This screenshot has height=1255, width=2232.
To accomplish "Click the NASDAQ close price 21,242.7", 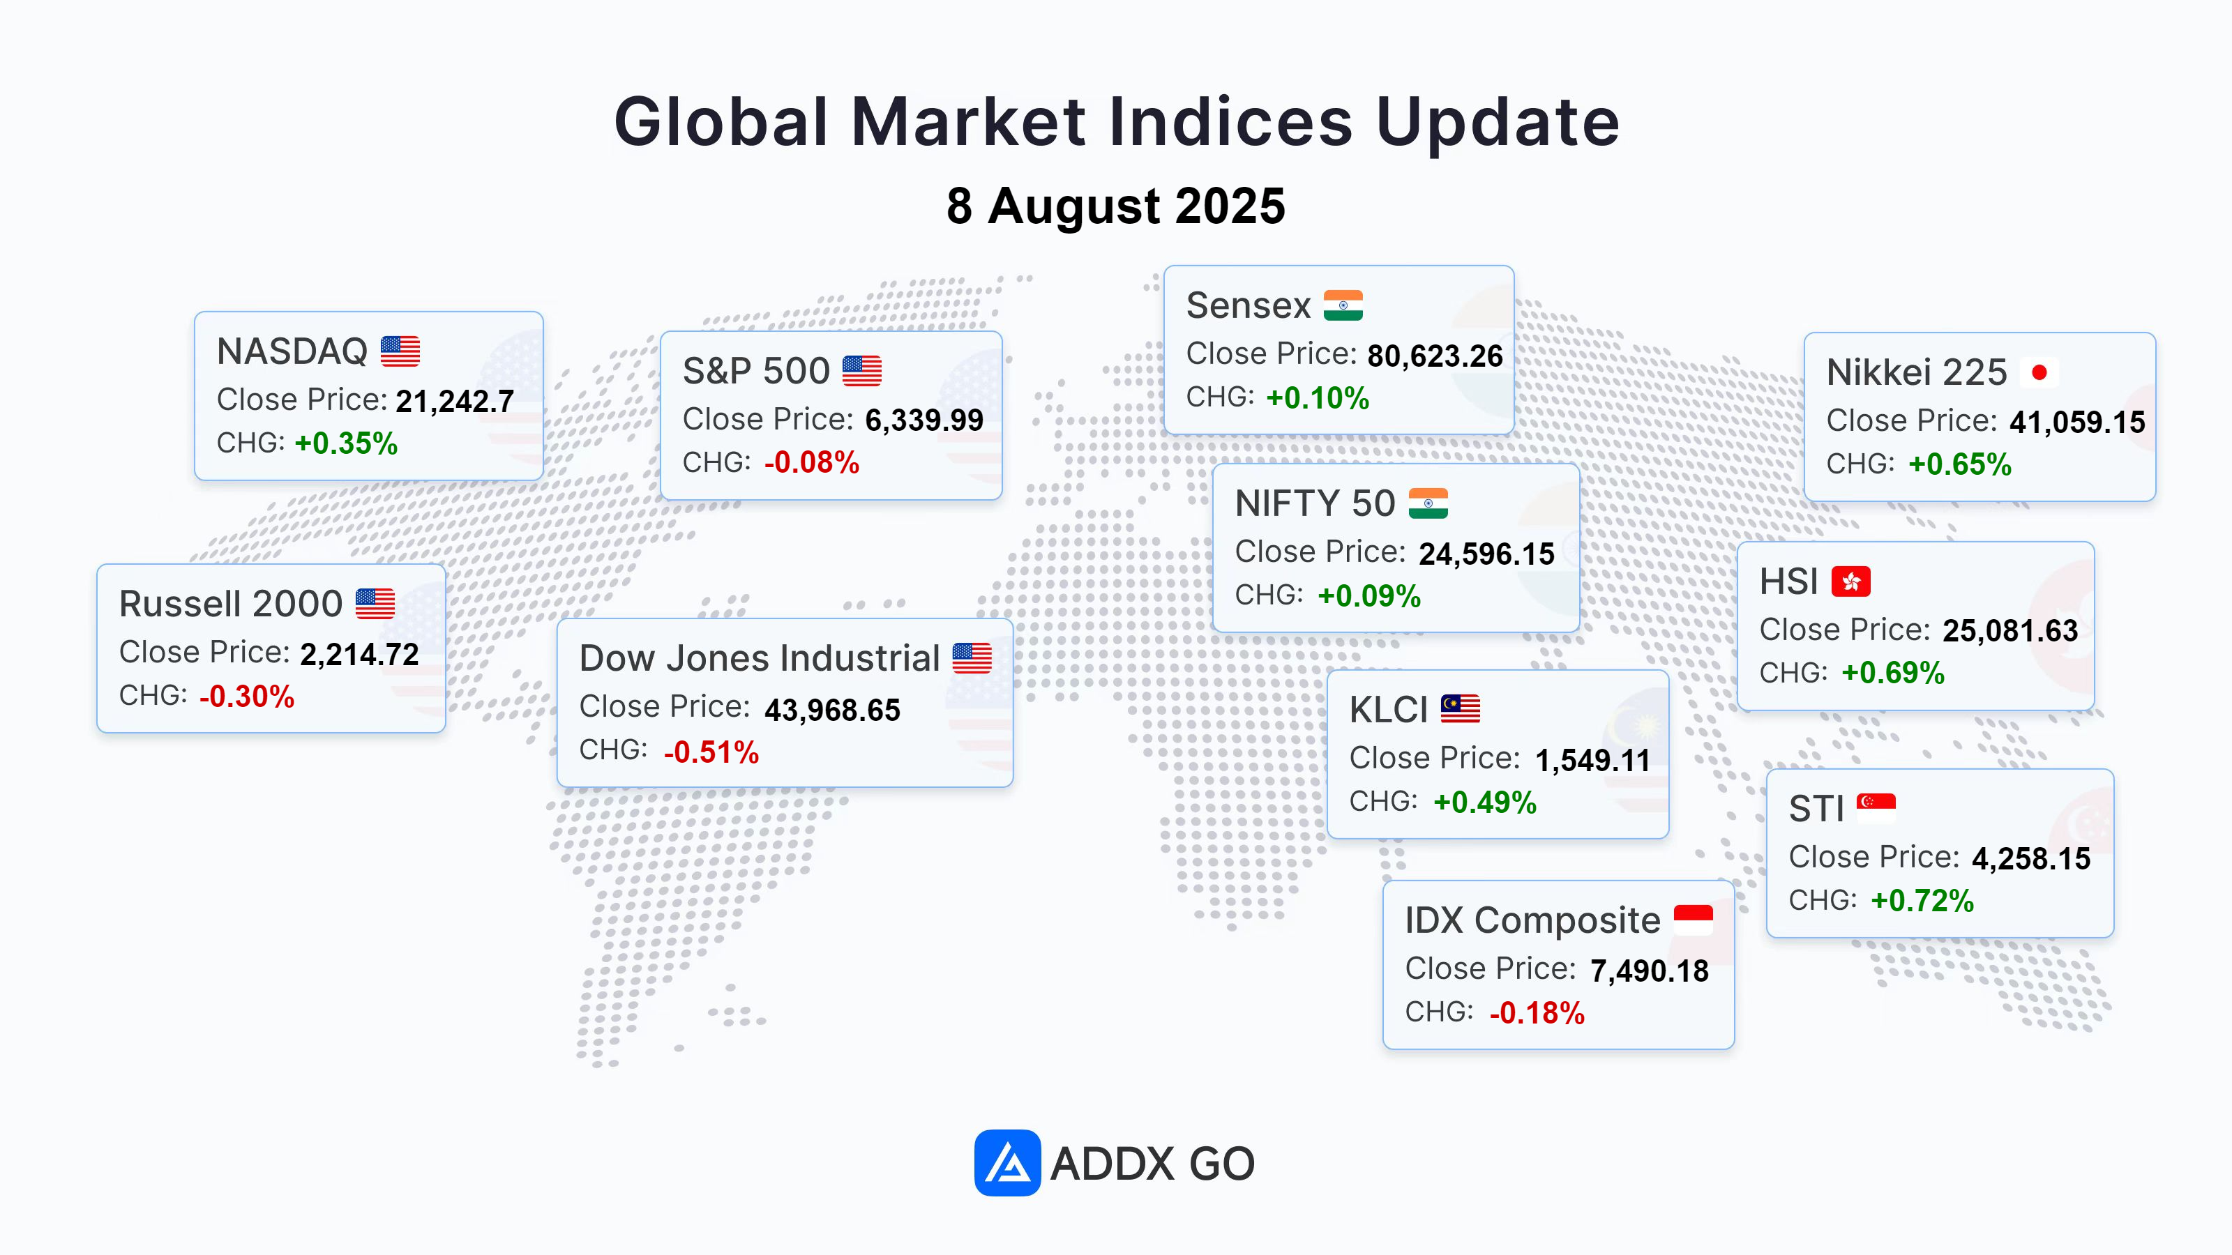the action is pyautogui.click(x=455, y=401).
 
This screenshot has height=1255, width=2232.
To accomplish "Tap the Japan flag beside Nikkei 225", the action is pyautogui.click(x=2039, y=372).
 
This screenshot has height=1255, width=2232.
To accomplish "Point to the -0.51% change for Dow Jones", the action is pyautogui.click(x=711, y=752).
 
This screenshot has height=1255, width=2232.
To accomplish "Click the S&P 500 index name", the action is pyautogui.click(x=755, y=371).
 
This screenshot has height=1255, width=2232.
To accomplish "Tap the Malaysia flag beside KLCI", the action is pyautogui.click(x=1460, y=708).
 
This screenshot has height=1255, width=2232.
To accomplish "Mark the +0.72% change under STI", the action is pyautogui.click(x=1922, y=901).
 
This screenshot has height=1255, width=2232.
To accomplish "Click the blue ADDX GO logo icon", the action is pyautogui.click(x=1006, y=1162).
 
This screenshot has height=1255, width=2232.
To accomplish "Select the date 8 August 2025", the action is pyautogui.click(x=1116, y=206).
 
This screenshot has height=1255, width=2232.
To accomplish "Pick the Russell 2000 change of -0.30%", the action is pyautogui.click(x=247, y=697).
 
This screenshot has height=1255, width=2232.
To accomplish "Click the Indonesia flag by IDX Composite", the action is pyautogui.click(x=1693, y=920).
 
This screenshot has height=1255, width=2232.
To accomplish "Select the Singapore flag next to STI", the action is pyautogui.click(x=1876, y=808).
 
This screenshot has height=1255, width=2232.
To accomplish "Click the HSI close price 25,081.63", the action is pyautogui.click(x=2010, y=630).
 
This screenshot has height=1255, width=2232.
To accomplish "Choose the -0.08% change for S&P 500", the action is pyautogui.click(x=812, y=462).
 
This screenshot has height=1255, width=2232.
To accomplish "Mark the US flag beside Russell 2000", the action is pyautogui.click(x=375, y=604).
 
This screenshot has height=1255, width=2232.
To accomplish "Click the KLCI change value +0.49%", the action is pyautogui.click(x=1485, y=803).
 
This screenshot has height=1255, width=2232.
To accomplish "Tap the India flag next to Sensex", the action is pyautogui.click(x=1343, y=305).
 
